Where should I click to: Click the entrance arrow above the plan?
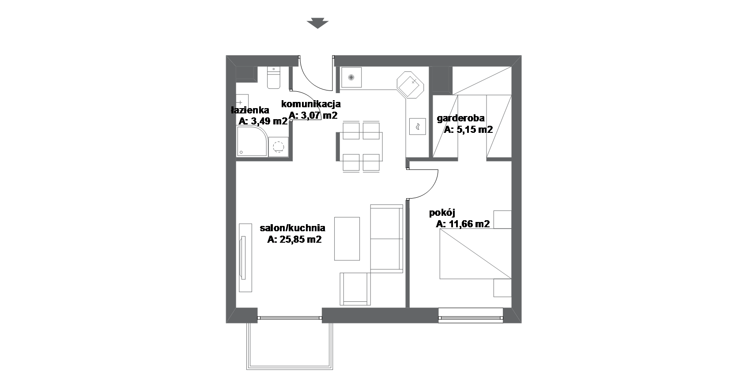pyautogui.click(x=317, y=23)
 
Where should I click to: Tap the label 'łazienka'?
pyautogui.click(x=250, y=110)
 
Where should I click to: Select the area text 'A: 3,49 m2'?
pyautogui.click(x=263, y=121)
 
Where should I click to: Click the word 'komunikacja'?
pyautogui.click(x=311, y=104)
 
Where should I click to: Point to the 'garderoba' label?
pyautogui.click(x=460, y=118)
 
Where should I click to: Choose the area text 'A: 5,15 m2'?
pyautogui.click(x=468, y=129)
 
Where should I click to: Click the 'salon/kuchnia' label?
pyautogui.click(x=292, y=228)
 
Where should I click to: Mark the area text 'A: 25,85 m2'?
pyautogui.click(x=294, y=239)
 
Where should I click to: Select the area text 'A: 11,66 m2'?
pyautogui.click(x=463, y=224)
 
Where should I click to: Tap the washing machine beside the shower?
pyautogui.click(x=279, y=147)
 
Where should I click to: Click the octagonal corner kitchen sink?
pyautogui.click(x=410, y=85)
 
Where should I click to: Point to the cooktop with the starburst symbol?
pyautogui.click(x=351, y=78)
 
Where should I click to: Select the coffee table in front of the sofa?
pyautogui.click(x=347, y=239)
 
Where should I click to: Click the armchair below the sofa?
pyautogui.click(x=355, y=289)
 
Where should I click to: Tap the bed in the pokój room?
pyautogui.click(x=475, y=254)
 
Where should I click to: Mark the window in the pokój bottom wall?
pyautogui.click(x=471, y=316)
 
